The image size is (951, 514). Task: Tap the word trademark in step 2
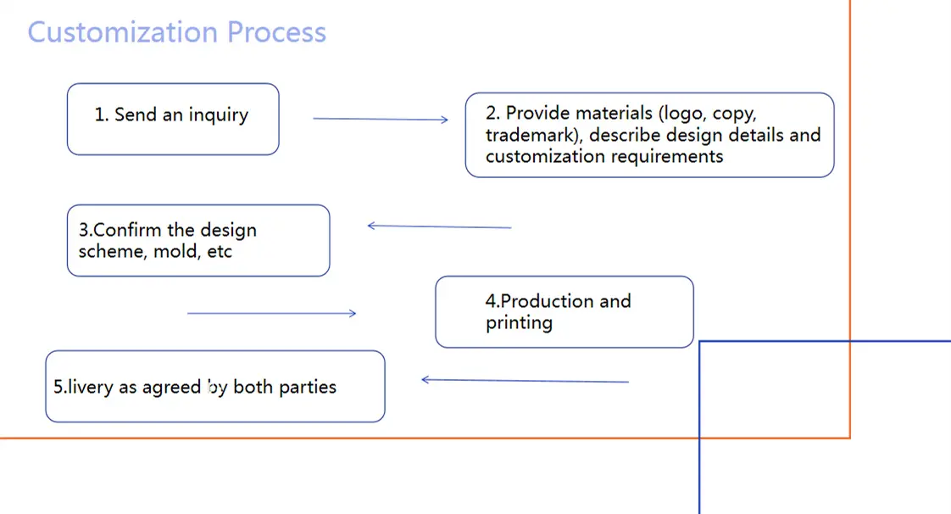(531, 135)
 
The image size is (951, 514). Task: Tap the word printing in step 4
(519, 323)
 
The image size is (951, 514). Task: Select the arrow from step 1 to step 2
(380, 120)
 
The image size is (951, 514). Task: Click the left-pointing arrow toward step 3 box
(439, 226)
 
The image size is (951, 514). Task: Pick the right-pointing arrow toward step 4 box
(271, 314)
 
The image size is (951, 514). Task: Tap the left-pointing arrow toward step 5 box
(525, 381)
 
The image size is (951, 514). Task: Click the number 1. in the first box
(102, 115)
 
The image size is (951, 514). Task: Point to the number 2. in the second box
(493, 114)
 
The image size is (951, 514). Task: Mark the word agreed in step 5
(176, 388)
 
